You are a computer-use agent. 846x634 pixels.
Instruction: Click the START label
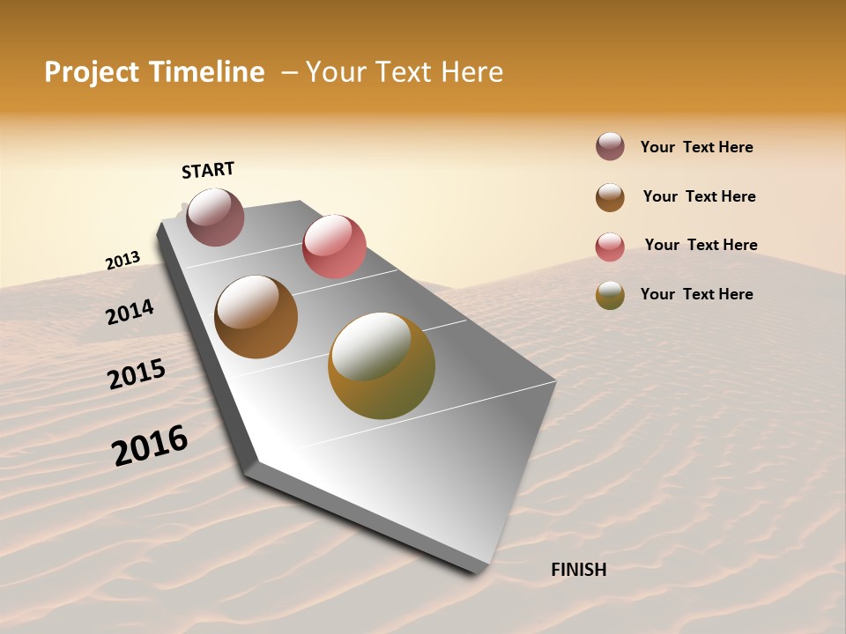click(x=208, y=170)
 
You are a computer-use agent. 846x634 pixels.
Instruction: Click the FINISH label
click(x=578, y=570)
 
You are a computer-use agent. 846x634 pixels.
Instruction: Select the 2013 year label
click(x=122, y=261)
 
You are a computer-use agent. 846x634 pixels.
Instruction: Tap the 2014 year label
click(x=130, y=312)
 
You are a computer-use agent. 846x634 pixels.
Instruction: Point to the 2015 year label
click(x=136, y=374)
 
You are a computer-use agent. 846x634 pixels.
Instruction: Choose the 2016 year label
click(x=150, y=445)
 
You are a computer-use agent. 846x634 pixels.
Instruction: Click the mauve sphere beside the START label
click(x=215, y=217)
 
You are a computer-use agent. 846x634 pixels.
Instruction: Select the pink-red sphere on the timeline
click(x=334, y=246)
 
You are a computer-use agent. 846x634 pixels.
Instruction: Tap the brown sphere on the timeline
click(x=256, y=317)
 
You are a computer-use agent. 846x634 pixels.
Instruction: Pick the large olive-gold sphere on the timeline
click(x=382, y=365)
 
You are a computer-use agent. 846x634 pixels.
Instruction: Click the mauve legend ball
click(x=610, y=147)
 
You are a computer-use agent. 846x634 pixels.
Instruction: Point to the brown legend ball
click(x=610, y=197)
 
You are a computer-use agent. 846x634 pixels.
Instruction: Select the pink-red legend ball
click(x=610, y=247)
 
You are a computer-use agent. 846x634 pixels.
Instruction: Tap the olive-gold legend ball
click(x=610, y=295)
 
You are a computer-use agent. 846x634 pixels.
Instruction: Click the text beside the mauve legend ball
click(x=696, y=147)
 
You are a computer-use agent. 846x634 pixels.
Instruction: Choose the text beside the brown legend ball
click(x=699, y=196)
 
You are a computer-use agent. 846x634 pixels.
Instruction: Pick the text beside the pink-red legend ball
click(x=701, y=245)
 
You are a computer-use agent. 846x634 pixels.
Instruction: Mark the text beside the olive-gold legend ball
click(x=696, y=294)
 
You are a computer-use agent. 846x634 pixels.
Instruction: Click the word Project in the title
click(x=92, y=72)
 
